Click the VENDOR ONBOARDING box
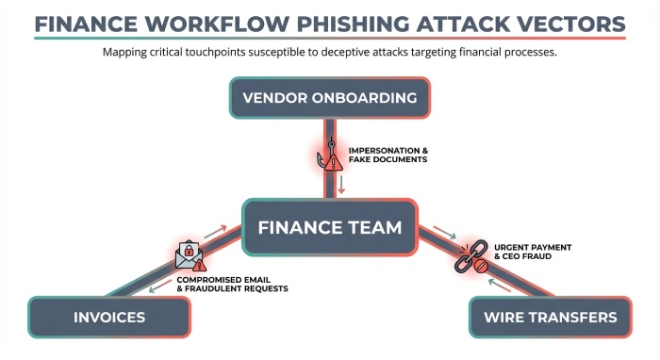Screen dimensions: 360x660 click(x=329, y=98)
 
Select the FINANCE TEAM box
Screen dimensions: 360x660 click(x=329, y=227)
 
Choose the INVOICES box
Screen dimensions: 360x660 click(x=108, y=317)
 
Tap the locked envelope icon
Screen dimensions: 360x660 click(x=190, y=254)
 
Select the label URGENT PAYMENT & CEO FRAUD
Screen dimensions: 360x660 click(x=520, y=251)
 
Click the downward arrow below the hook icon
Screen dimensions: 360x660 click(x=342, y=184)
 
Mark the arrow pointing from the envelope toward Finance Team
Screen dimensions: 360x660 click(x=215, y=229)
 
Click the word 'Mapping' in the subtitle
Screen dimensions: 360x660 click(x=127, y=52)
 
